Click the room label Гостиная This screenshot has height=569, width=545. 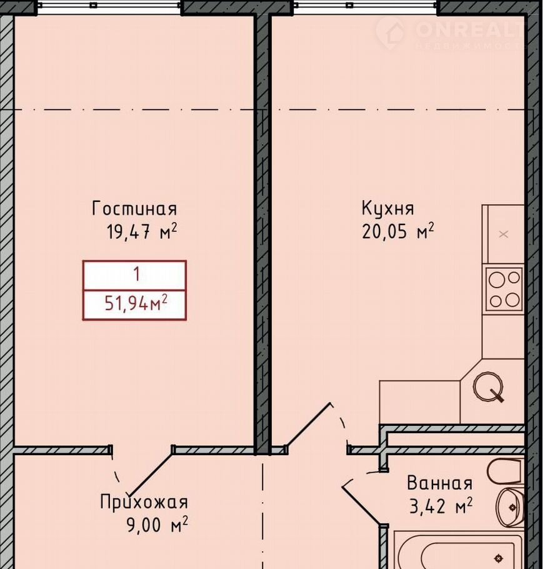134,209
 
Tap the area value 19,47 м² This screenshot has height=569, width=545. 142,231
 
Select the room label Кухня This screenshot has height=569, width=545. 387,209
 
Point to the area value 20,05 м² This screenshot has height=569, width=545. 397,231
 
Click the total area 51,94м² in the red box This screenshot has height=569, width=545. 136,303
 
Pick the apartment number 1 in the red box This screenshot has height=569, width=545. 137,274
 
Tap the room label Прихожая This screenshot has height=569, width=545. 144,503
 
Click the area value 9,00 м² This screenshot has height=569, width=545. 157,525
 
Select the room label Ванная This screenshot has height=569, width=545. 440,483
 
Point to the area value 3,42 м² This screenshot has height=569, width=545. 441,506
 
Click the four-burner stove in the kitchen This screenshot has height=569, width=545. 504,289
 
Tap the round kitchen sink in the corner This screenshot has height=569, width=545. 488,386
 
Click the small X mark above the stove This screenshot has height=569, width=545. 504,234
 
